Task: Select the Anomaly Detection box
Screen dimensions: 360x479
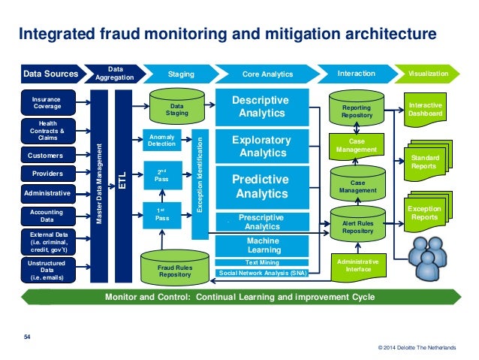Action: (x=161, y=140)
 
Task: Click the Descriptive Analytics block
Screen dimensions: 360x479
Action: (x=259, y=106)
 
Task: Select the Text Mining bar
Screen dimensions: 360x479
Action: (x=259, y=263)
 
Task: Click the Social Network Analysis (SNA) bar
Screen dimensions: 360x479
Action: (x=259, y=273)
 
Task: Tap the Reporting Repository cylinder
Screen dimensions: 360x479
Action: (x=357, y=110)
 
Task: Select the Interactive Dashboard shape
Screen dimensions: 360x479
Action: (x=426, y=108)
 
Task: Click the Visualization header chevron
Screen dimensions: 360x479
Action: (x=429, y=74)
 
